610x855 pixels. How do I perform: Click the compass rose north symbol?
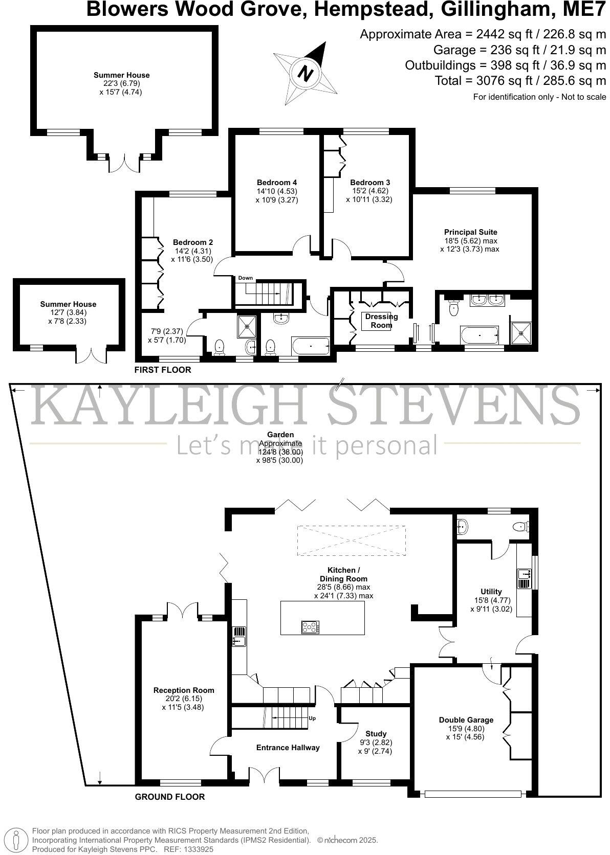pos(306,73)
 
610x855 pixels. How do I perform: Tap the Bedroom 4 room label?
pos(277,183)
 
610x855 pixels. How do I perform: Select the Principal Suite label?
pos(470,232)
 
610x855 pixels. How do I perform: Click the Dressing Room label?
pos(381,321)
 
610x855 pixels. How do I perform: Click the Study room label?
pos(376,733)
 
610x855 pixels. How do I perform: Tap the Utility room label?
pos(491,592)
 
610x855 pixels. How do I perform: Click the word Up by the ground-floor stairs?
pos(312,718)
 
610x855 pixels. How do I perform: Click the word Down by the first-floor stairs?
pos(245,278)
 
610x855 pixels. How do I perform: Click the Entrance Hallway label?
pos(288,747)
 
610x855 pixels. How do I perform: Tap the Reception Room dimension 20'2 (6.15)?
pos(184,699)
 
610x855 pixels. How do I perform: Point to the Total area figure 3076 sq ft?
pos(520,81)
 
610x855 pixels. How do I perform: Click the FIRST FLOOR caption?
pos(162,370)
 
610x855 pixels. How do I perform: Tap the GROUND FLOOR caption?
pos(169,797)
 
